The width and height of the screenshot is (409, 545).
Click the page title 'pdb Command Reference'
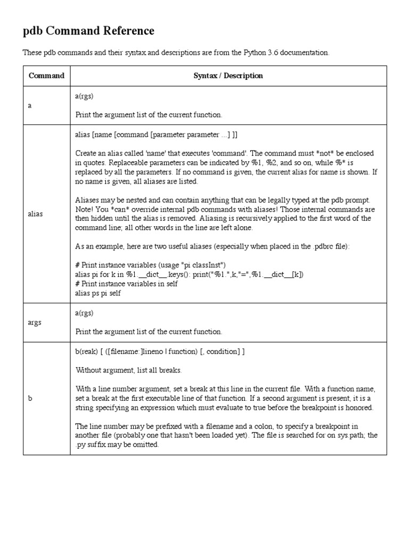pyautogui.click(x=88, y=31)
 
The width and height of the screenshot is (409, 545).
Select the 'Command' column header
pyautogui.click(x=46, y=76)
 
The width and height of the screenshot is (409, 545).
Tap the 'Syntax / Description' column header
pyautogui.click(x=228, y=76)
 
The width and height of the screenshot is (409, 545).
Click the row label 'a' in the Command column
pyautogui.click(x=30, y=105)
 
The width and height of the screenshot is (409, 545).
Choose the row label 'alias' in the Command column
pyautogui.click(x=35, y=214)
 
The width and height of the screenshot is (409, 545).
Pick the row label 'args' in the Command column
pyautogui.click(x=35, y=323)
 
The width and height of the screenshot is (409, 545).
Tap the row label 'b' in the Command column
pyautogui.click(x=30, y=398)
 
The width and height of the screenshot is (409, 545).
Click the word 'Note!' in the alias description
pyautogui.click(x=85, y=209)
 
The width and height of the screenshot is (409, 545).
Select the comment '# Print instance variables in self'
pyautogui.click(x=127, y=284)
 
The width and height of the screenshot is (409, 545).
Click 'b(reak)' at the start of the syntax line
pyautogui.click(x=86, y=352)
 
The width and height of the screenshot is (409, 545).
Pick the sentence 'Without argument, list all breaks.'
pyautogui.click(x=128, y=370)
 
